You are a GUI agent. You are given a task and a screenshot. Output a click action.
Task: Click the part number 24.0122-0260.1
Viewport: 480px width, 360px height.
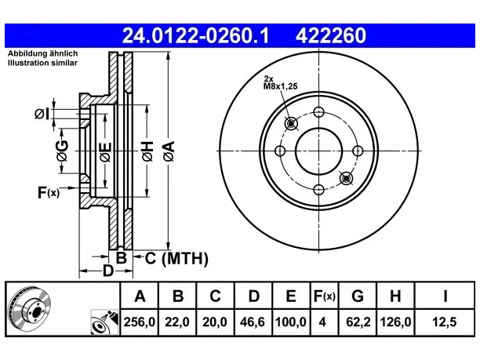pos(195,35)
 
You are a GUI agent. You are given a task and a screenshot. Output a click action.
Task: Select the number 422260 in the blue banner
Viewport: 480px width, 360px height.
pos(331,35)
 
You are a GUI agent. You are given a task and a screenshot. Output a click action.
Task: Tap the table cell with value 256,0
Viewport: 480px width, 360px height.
pos(140,322)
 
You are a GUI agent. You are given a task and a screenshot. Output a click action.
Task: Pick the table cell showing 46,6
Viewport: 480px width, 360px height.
pos(253,322)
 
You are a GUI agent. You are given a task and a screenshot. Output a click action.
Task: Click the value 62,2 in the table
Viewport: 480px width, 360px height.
pos(358,322)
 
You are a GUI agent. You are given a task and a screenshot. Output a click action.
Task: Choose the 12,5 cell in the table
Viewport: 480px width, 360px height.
pos(445,322)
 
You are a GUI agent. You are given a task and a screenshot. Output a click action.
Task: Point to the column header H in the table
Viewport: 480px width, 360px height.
pos(395,296)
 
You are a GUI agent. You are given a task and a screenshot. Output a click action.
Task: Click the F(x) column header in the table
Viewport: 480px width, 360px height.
pos(325,296)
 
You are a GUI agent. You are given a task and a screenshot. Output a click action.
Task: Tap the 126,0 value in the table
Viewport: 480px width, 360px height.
pos(395,322)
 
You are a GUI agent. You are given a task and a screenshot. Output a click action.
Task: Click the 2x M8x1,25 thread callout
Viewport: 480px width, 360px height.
pos(281,82)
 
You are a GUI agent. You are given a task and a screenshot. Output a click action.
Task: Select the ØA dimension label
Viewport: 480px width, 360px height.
pos(169,151)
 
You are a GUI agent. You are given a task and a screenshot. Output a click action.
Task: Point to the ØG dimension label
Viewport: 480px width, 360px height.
pos(62,151)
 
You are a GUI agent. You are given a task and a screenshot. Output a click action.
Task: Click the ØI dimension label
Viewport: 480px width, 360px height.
pos(42,114)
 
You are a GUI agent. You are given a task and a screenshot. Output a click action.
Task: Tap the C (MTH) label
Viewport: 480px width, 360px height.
pos(176,258)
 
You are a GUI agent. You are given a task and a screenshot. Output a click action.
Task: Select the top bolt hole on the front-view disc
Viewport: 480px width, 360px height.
pos(318,112)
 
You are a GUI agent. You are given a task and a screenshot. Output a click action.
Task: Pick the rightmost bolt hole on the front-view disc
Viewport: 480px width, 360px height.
pos(358,151)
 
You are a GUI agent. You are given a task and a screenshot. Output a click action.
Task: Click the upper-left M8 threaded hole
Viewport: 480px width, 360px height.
pos(291,123)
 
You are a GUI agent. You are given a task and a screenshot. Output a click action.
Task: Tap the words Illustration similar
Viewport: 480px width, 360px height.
pos(42,63)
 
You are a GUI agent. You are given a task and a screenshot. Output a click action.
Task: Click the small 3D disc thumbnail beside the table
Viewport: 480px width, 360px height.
pos(29,309)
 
